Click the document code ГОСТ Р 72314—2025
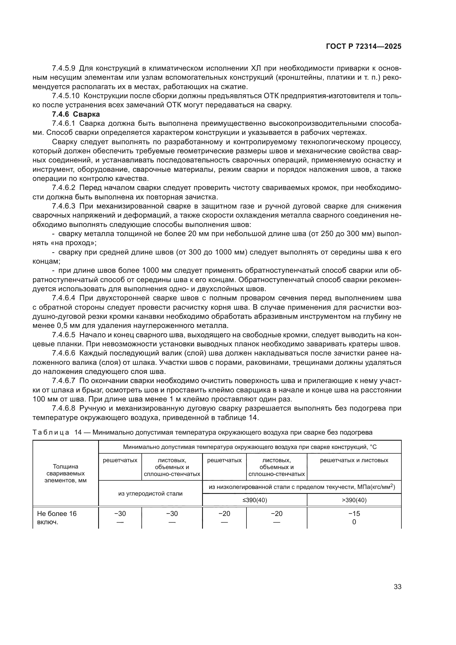click(364, 47)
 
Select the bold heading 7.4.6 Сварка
click(76, 114)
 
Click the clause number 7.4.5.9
click(63, 68)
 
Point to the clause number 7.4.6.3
click(63, 206)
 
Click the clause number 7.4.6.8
click(63, 408)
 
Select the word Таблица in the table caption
click(51, 432)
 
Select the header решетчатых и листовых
click(354, 460)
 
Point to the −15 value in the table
click(354, 513)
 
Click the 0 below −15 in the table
click(354, 522)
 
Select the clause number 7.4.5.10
click(66, 96)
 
